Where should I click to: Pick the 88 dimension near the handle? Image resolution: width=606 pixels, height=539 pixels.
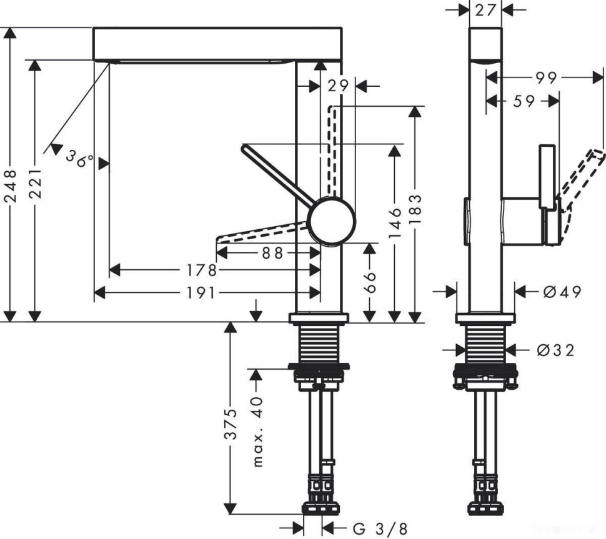pos(269,252)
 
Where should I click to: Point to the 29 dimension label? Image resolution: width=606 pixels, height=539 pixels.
pos(337,86)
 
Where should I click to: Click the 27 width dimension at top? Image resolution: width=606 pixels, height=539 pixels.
pos(485,10)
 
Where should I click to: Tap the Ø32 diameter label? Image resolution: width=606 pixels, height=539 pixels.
pos(555,350)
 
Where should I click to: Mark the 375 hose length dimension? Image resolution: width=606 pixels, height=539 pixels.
pos(231,425)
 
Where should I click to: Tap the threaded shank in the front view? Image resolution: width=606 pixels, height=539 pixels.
pos(319,344)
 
